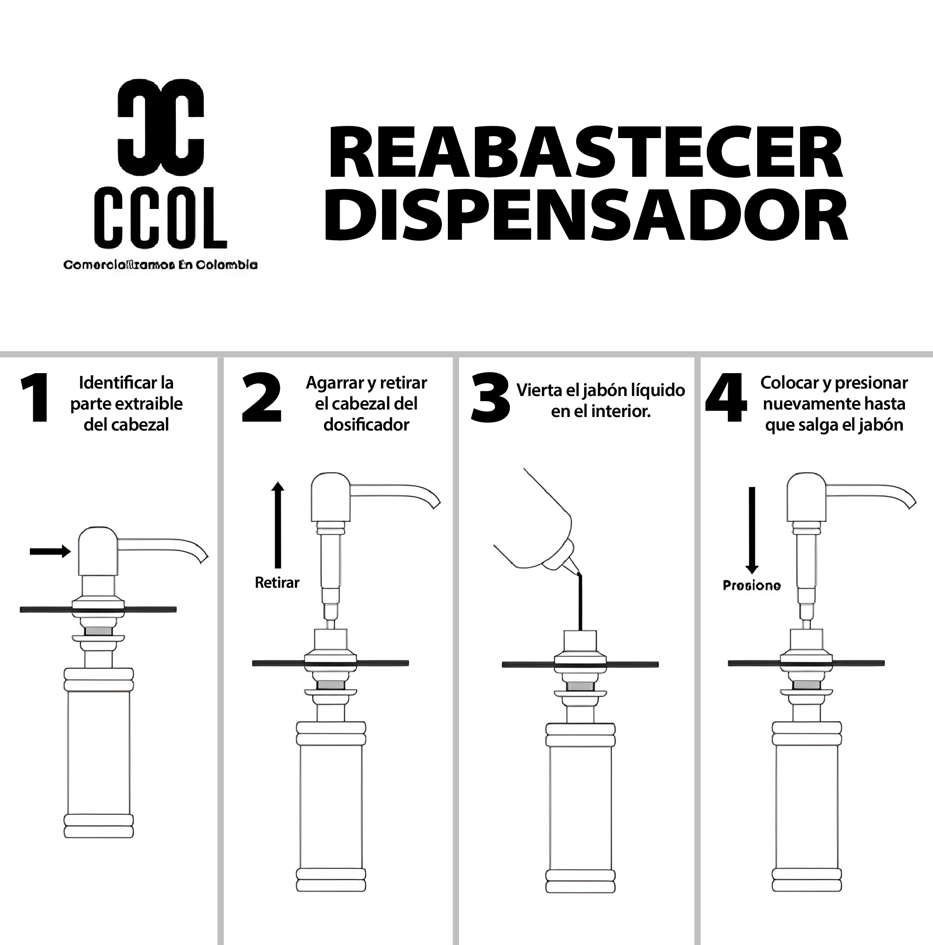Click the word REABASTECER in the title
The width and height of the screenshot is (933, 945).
585,153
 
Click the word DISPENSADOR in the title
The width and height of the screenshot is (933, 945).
585,217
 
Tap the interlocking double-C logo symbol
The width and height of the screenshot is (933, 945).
160,126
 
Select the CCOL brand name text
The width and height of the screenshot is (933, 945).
160,218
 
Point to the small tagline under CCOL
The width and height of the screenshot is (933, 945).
160,264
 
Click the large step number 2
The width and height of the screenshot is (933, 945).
262,397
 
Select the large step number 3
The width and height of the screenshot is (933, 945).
490,397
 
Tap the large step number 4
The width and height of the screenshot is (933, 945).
725,397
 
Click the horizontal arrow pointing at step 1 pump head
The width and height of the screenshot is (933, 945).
49,551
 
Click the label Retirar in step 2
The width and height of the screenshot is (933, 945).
277,583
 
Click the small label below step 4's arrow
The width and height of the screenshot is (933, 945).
752,585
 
